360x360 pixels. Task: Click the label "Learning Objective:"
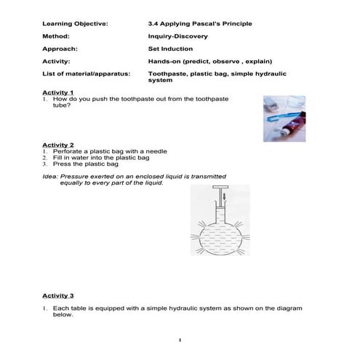[76, 24]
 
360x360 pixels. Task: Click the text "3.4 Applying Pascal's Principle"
[200, 24]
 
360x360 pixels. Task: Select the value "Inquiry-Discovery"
[177, 36]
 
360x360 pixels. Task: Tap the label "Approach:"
[60, 49]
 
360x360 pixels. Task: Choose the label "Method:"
[57, 36]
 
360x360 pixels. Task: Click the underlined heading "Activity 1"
[57, 93]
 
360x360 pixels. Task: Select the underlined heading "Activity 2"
[57, 145]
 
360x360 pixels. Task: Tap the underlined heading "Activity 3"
[57, 296]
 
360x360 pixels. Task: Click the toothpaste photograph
[289, 111]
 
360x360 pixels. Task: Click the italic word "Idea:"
[50, 177]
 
